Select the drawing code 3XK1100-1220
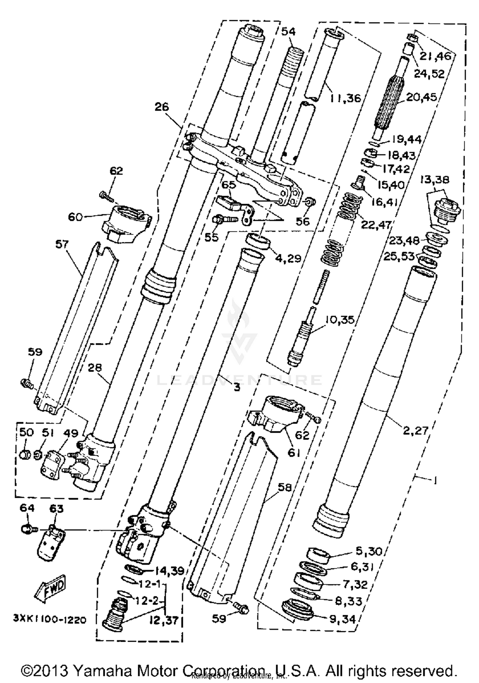(x=50, y=620)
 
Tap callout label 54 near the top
(x=288, y=31)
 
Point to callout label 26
(x=162, y=107)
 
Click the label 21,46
(x=435, y=56)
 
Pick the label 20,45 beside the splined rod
(x=421, y=97)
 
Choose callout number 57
(x=62, y=245)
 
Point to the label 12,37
(x=164, y=621)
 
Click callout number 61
(x=293, y=452)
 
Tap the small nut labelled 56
(x=310, y=202)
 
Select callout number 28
(x=95, y=368)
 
